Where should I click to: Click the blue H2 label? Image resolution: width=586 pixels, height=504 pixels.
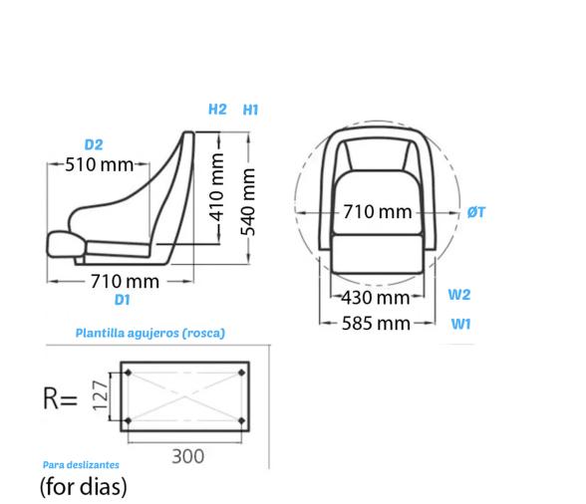click(217, 110)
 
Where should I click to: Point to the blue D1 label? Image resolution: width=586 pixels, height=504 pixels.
click(123, 299)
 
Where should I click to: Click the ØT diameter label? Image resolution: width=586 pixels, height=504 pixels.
click(476, 211)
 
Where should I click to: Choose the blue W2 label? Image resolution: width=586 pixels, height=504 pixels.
click(458, 294)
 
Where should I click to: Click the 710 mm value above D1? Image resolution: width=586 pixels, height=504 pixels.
click(125, 281)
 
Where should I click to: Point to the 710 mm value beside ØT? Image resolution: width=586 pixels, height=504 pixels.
click(377, 212)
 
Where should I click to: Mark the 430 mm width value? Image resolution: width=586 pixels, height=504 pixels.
click(376, 297)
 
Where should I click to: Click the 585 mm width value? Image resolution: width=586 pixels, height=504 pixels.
click(376, 323)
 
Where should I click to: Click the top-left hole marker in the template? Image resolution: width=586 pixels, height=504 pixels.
click(128, 373)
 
